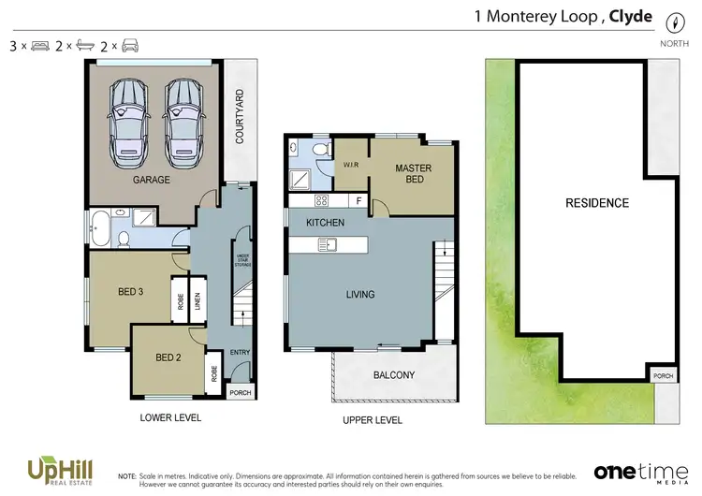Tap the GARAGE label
pos(151,180)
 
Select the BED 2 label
pos(168,357)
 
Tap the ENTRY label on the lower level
pos(241,352)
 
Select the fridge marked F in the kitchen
pos(358,200)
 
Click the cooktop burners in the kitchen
pos(320,200)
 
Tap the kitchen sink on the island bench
pos(329,245)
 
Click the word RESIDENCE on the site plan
pos(596,203)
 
